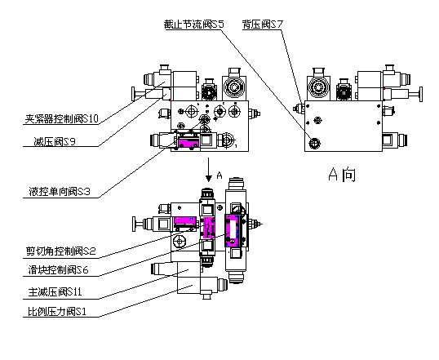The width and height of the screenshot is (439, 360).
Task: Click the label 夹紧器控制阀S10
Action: click(x=61, y=119)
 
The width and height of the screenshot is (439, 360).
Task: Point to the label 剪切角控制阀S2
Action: click(x=61, y=251)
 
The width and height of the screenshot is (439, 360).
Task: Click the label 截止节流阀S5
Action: click(x=194, y=25)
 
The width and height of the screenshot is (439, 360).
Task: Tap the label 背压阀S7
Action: click(x=263, y=25)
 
